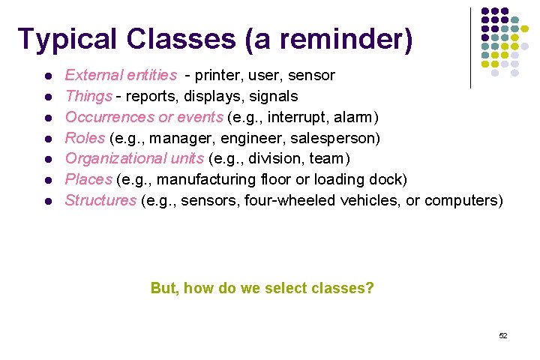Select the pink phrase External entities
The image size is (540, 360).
pos(121,75)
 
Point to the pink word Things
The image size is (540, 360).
pos(88,96)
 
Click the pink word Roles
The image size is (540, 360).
pos(85,138)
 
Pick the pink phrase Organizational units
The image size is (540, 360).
pos(135,158)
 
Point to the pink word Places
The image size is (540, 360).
pos(88,179)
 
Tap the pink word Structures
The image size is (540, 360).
pos(100,200)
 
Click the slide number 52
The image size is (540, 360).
pos(503,335)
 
